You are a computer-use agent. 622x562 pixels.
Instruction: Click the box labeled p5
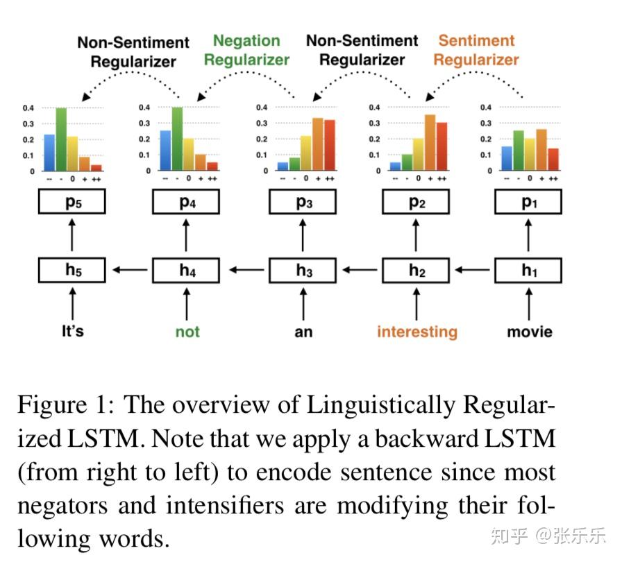tap(72, 202)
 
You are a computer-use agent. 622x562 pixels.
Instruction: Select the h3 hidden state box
tap(303, 270)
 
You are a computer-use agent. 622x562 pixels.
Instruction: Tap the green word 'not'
tap(187, 331)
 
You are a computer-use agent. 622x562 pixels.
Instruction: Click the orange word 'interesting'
tap(417, 331)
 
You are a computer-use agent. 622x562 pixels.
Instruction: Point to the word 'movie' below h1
tap(530, 331)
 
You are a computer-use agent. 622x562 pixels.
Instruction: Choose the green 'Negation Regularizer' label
tap(246, 50)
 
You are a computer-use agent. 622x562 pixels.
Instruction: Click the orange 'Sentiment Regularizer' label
tap(476, 50)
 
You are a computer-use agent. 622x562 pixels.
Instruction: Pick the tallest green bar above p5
tap(61, 139)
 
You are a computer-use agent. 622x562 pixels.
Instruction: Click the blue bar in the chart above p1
tap(507, 159)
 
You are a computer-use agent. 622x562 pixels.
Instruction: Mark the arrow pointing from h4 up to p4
tap(186, 236)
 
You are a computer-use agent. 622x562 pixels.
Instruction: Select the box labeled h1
tap(529, 270)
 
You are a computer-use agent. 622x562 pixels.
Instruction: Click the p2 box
tap(417, 202)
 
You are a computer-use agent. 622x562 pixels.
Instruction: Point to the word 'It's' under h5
tap(72, 331)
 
